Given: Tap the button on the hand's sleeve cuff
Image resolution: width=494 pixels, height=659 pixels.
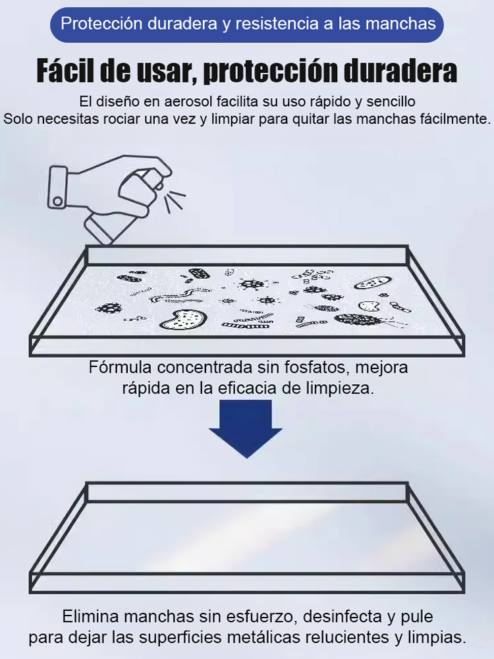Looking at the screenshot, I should click(x=58, y=200).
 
